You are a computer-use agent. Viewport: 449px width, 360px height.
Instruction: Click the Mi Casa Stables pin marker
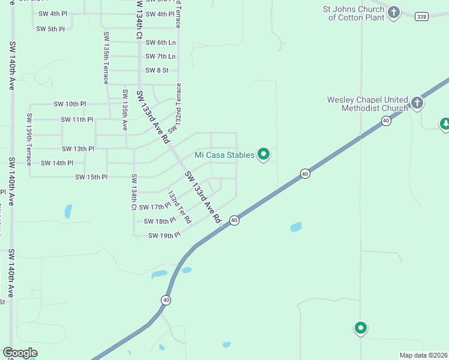(x=264, y=155)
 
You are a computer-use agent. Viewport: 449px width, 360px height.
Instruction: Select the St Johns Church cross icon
(x=393, y=12)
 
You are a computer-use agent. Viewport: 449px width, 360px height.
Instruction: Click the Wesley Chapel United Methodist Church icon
(x=417, y=103)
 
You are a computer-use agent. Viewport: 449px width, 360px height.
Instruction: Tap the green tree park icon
(x=445, y=124)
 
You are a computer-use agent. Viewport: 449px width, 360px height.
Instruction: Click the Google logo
(x=20, y=353)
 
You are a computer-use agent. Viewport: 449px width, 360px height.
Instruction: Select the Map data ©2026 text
(x=423, y=355)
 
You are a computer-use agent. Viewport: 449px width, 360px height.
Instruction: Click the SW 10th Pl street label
(x=70, y=104)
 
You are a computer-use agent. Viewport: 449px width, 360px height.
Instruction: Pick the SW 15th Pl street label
(x=91, y=177)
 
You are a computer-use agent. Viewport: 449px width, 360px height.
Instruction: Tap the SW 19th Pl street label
(x=164, y=235)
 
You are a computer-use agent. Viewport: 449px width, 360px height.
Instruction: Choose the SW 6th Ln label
(x=160, y=42)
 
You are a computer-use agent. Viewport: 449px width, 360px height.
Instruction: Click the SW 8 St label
(x=157, y=70)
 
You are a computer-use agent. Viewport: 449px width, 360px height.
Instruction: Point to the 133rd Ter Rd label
(x=179, y=206)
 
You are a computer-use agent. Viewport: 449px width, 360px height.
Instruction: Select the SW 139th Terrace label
(x=28, y=133)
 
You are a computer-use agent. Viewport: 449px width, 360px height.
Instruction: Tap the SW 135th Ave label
(x=125, y=110)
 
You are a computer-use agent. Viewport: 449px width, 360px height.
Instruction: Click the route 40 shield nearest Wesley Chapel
(x=386, y=121)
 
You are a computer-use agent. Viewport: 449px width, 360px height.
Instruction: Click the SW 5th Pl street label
(x=50, y=29)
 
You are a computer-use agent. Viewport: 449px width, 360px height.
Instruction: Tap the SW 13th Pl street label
(x=78, y=148)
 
